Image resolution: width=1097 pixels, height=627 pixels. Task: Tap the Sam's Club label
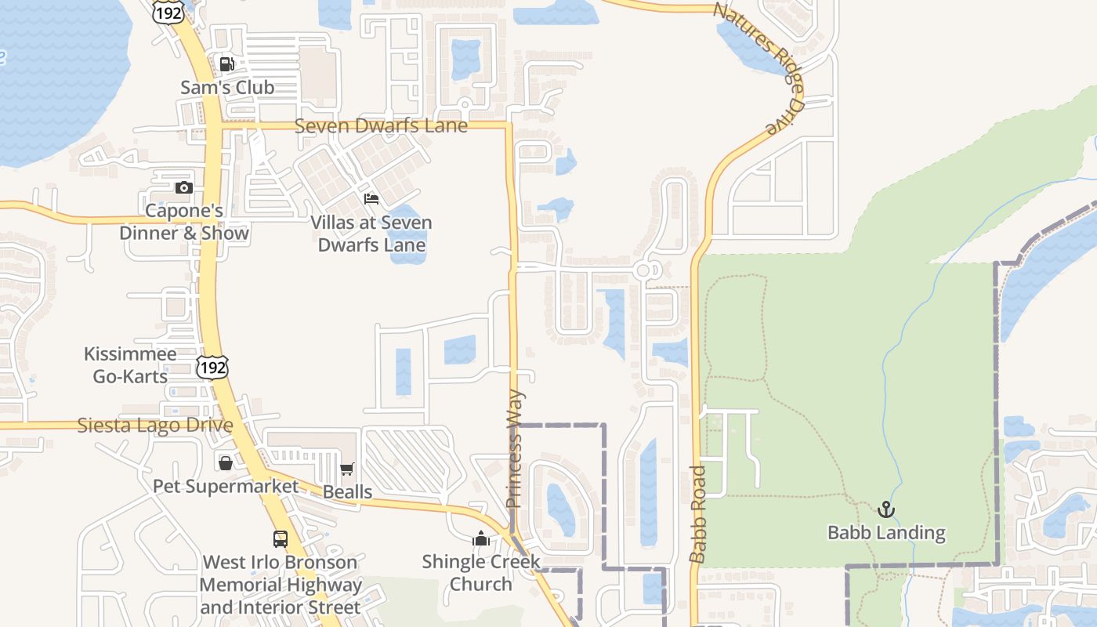[x=227, y=87]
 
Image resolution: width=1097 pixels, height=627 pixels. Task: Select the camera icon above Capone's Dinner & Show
[x=184, y=187]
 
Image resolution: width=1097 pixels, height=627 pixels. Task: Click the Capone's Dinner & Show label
[x=184, y=222]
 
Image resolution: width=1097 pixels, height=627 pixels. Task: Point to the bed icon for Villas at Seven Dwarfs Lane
[x=371, y=199]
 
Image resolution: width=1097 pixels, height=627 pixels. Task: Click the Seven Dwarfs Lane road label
[x=381, y=125]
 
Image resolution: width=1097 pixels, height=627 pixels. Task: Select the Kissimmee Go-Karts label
[x=130, y=365]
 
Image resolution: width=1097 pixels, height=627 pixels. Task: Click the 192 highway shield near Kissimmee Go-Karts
[x=212, y=366]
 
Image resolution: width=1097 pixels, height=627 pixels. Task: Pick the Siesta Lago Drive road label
[x=155, y=426]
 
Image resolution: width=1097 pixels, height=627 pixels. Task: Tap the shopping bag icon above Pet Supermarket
[x=226, y=463]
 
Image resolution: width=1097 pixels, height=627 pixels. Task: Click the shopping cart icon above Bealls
[x=347, y=469]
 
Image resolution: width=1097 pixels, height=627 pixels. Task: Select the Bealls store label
[x=347, y=491]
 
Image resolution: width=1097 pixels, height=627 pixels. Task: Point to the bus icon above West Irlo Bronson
[x=280, y=539]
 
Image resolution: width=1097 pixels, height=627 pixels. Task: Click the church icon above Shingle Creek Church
[x=481, y=538]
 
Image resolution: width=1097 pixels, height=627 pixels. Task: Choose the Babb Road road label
[x=698, y=513]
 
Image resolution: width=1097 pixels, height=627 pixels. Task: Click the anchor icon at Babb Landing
[x=886, y=510]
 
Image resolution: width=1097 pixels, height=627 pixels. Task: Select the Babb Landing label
[x=886, y=533]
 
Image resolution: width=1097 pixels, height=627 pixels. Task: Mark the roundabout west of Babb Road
[x=644, y=270]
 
